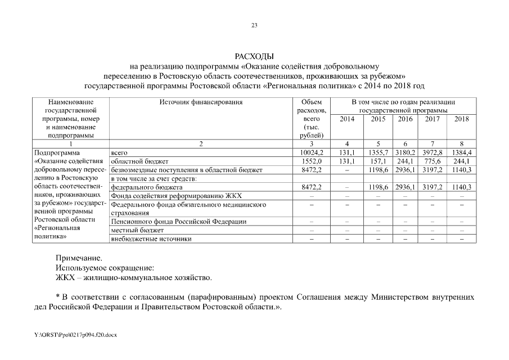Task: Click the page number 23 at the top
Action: (254, 25)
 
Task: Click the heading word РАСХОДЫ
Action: (254, 57)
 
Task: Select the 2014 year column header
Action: (348, 119)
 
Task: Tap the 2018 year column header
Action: (461, 119)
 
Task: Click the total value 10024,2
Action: (311, 152)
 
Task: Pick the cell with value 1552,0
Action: (311, 161)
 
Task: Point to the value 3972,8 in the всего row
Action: (433, 152)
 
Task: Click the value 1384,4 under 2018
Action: (461, 152)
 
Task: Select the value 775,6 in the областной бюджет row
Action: (433, 161)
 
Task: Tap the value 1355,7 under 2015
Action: (378, 152)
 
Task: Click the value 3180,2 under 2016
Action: (405, 152)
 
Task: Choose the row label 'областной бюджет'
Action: (138, 161)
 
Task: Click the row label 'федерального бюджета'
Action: (146, 187)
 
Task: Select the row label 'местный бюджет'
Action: (137, 231)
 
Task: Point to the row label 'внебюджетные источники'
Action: (151, 239)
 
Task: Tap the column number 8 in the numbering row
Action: (461, 144)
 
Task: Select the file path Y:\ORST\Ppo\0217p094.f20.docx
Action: (75, 334)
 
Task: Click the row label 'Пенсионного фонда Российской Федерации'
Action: (179, 222)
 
